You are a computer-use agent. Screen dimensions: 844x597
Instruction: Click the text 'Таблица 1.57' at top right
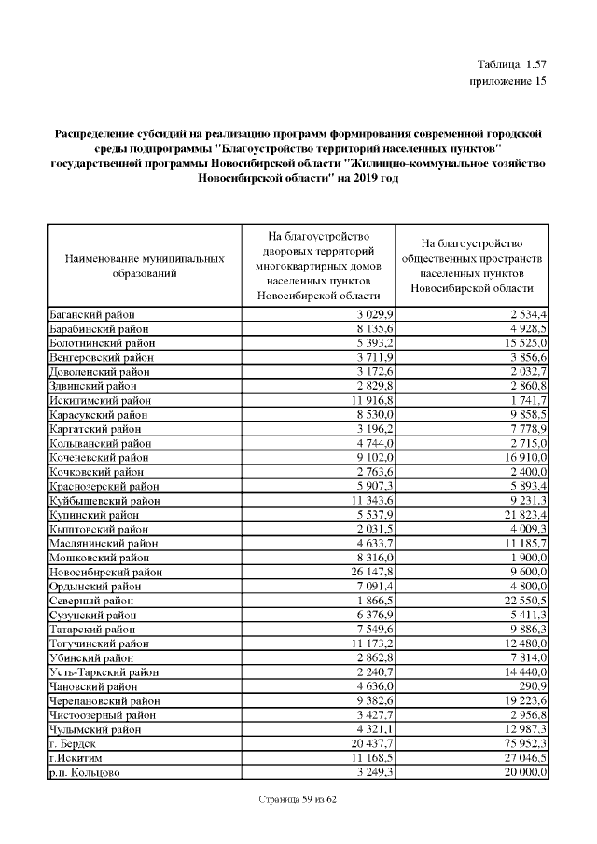coord(510,64)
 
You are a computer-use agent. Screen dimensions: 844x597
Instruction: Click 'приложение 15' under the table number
coord(507,82)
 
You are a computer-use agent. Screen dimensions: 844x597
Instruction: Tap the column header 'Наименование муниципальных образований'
coord(145,266)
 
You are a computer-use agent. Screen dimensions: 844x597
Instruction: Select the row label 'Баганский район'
coord(90,314)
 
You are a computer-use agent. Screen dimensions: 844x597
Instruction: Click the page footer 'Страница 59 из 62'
coord(298,800)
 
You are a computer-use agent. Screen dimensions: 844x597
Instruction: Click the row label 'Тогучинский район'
coord(98,643)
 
